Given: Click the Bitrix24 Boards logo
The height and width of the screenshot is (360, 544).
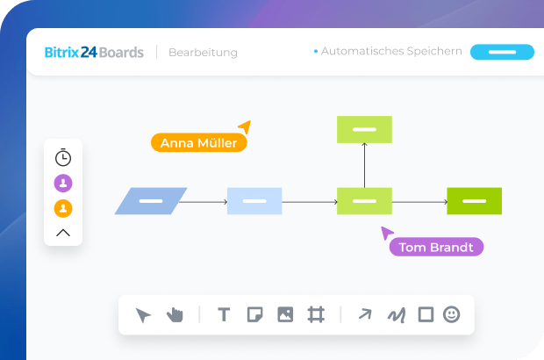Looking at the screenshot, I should point(94,52).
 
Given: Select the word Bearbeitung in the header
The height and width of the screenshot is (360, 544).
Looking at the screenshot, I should point(203,53).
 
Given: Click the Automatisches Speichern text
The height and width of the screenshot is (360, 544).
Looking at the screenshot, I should point(391,52).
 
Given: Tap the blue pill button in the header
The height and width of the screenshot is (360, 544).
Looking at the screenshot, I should point(502,52).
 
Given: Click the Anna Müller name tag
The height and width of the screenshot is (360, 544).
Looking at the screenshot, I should point(198,143).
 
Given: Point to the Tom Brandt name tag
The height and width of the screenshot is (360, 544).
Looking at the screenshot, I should point(436,248).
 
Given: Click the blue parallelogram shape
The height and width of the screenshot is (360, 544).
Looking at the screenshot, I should point(151,201).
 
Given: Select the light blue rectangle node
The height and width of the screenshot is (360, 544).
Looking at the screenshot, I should point(254,201).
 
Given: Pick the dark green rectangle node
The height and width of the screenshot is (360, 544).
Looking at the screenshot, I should point(474,201).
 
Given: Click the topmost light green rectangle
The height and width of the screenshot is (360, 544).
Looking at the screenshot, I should point(364,129).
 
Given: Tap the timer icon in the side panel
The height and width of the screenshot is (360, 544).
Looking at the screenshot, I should point(63,158).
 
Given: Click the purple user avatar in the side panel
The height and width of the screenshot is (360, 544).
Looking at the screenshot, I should point(63,183).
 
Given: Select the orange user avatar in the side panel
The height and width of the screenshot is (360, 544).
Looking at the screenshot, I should point(63,208).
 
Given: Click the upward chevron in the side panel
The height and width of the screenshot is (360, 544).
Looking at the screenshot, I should point(63,233).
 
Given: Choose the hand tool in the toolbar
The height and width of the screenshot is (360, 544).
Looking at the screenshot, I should point(175,314).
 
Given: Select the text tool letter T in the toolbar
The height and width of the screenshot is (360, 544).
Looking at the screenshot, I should point(224,314).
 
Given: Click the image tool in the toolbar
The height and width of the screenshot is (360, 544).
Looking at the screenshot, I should point(285,314).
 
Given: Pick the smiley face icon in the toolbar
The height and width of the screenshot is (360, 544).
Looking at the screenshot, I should point(451,314).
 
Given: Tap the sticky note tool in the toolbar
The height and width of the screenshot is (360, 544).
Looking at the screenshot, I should point(254,314).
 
